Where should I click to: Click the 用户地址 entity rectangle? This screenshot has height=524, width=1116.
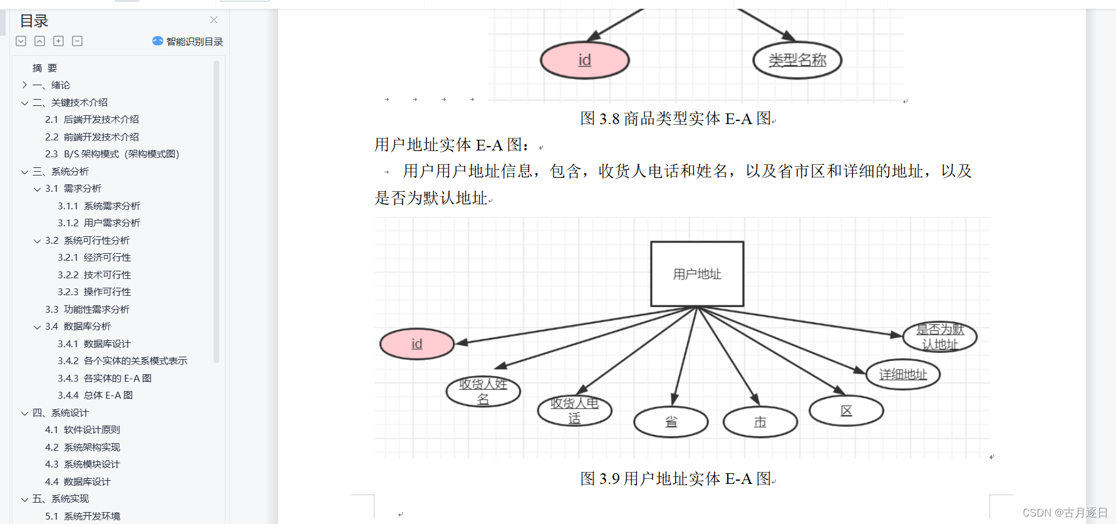(697, 274)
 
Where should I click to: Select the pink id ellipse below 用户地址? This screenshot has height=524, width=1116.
(417, 343)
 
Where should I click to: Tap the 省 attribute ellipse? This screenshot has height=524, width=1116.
(671, 422)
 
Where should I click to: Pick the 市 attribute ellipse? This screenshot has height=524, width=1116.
(760, 422)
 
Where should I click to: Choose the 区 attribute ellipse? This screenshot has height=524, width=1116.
(846, 411)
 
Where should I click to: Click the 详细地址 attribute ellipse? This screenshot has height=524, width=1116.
(902, 374)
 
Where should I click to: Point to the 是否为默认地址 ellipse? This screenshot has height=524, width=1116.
(939, 337)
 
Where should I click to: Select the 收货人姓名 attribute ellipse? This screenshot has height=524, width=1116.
(483, 391)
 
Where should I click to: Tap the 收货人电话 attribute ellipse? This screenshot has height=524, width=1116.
(574, 411)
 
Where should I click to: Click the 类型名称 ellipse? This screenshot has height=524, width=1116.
(797, 60)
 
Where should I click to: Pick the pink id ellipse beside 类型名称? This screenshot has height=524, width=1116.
(584, 60)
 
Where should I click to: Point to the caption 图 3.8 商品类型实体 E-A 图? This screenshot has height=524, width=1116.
(676, 118)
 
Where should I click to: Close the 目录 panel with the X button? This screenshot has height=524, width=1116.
(214, 20)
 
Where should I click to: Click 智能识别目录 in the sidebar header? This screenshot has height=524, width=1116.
(188, 41)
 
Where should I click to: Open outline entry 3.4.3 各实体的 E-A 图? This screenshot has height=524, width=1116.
(105, 378)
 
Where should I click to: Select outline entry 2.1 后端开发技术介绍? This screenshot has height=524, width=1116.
(92, 119)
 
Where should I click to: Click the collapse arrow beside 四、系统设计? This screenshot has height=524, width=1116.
(24, 413)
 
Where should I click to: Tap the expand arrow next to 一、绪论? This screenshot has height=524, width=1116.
(24, 85)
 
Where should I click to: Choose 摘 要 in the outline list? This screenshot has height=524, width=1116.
(44, 68)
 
